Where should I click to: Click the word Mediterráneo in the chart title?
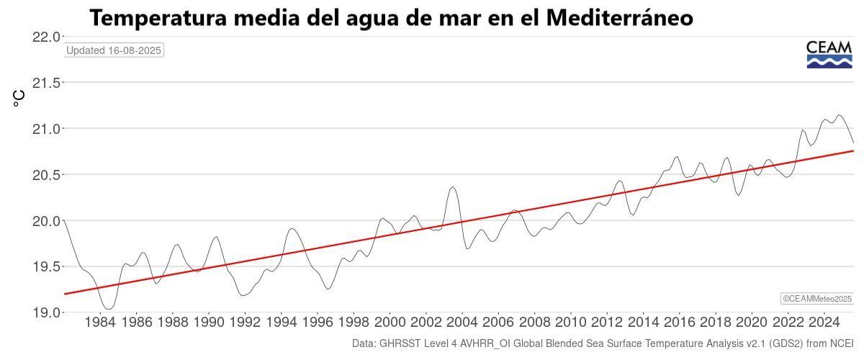pos(619,18)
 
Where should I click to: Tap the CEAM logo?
pos(829,55)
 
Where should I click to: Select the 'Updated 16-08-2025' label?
pos(114,50)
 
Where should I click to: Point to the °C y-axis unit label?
pos(19,99)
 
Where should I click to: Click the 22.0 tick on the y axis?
pos(46,37)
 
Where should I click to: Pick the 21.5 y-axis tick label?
pos(46,83)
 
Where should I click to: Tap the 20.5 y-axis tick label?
pos(46,175)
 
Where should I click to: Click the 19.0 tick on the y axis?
pos(46,312)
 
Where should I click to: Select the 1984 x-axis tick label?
pos(100,322)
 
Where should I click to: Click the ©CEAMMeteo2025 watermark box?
pos(817,299)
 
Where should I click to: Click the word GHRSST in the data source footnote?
pos(401,344)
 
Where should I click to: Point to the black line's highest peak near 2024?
pos(838,115)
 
